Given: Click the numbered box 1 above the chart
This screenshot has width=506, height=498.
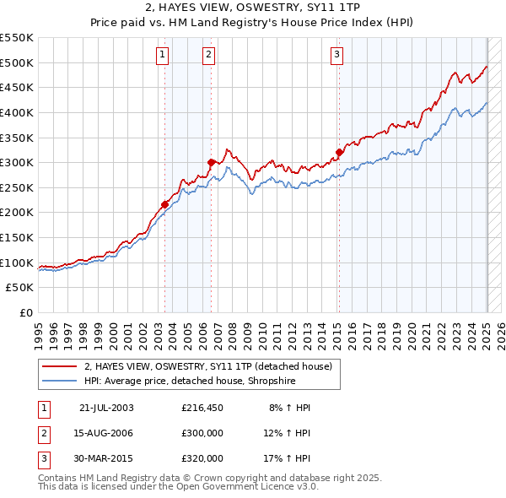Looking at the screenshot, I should pos(161,56).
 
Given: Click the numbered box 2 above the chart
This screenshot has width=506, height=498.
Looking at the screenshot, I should pos(208,56).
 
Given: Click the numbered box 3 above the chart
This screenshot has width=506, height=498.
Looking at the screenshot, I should pos(336,56).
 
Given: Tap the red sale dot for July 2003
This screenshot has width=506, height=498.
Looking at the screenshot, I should pos(164,203).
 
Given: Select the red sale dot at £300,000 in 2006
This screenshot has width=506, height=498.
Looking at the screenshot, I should pos(211,162).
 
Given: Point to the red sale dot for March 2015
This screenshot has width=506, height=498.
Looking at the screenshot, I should pos(339,152).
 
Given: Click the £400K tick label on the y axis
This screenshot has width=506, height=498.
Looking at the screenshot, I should pos(18,112).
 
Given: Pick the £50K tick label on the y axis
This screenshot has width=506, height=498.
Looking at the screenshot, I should pos(21,288).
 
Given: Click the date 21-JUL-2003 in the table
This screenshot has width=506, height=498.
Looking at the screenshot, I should pos(105,408).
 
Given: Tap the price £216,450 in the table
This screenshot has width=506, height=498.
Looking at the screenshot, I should pos(202,408).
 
